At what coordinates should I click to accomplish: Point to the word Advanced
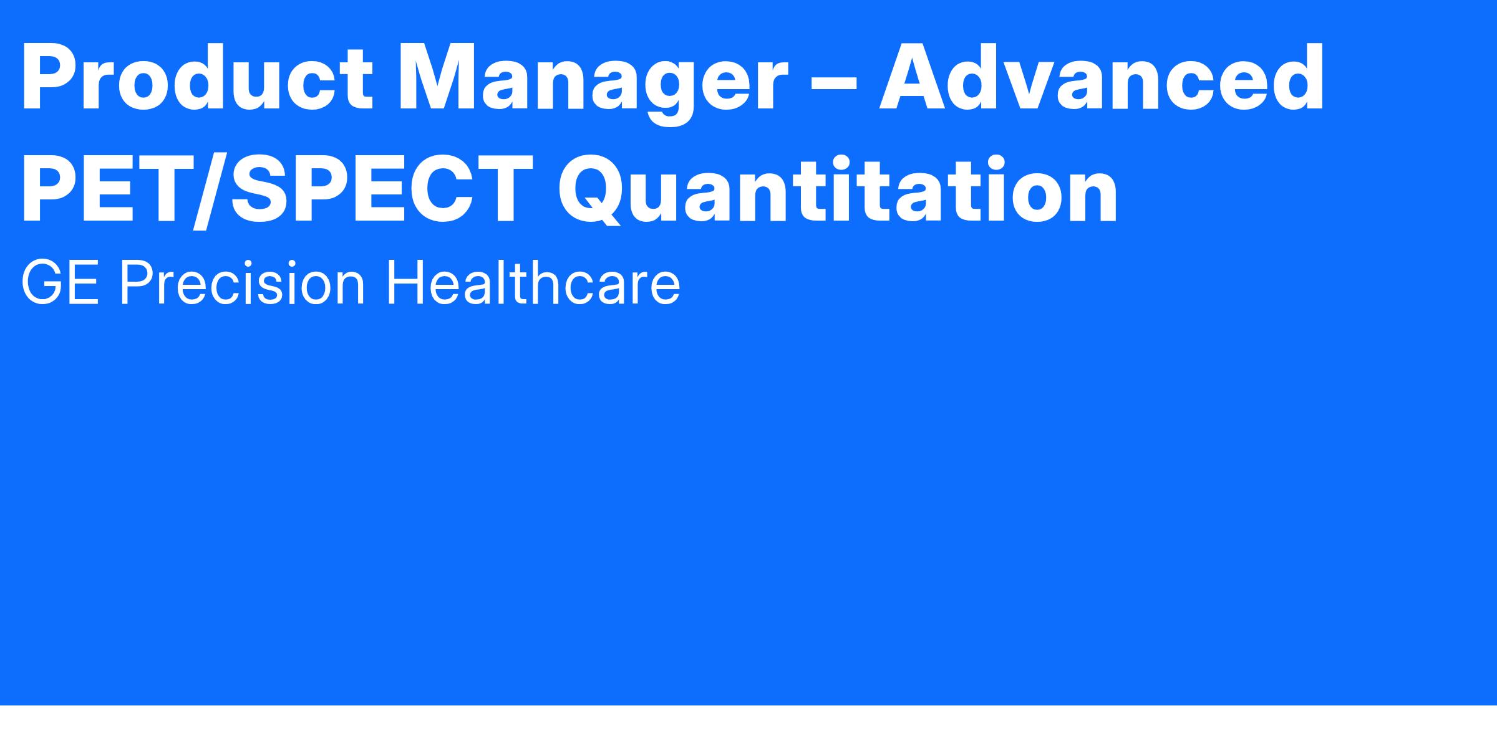point(1102,79)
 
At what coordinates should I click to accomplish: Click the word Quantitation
point(838,191)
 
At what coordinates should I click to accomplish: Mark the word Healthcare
point(534,284)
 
